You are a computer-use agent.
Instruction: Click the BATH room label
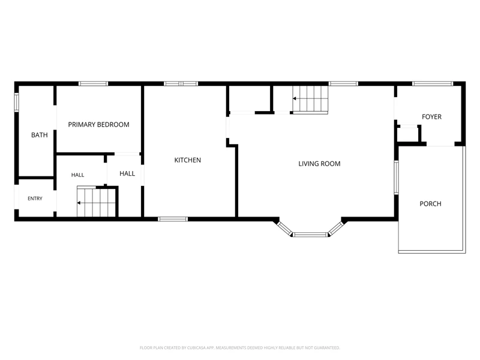coord(40,135)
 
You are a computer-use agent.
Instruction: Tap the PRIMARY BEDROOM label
coord(98,125)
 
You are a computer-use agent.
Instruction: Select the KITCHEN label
coord(188,160)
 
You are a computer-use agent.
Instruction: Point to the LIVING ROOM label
coord(319,164)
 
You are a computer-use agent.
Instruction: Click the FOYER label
coord(431,116)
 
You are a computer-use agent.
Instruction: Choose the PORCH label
coord(430,204)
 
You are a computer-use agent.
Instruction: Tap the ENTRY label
coord(35,199)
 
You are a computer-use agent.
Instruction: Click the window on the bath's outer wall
coord(17,102)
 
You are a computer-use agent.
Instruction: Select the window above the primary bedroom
coord(94,83)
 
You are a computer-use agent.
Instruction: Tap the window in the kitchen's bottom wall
coord(173,219)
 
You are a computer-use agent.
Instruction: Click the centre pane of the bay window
coord(310,235)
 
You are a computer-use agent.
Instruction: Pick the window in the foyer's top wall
coord(432,83)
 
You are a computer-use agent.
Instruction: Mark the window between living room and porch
coord(396,178)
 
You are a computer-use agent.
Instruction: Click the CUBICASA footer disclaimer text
coord(239,348)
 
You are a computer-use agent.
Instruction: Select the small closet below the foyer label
coord(408,134)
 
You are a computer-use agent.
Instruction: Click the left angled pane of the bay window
coord(284,229)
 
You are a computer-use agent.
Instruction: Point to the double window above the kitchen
coord(181,83)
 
